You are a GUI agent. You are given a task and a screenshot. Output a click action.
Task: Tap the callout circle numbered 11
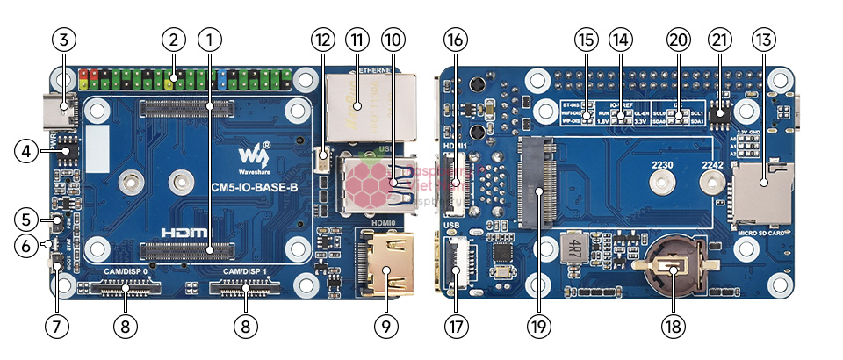pyautogui.click(x=357, y=40)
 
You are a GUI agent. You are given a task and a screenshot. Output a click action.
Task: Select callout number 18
pyautogui.click(x=674, y=326)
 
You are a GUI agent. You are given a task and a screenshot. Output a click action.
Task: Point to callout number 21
pyautogui.click(x=720, y=40)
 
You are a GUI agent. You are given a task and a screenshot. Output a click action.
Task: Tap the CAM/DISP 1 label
pyautogui.click(x=245, y=273)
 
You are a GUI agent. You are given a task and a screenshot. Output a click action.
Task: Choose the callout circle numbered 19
pyautogui.click(x=538, y=326)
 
